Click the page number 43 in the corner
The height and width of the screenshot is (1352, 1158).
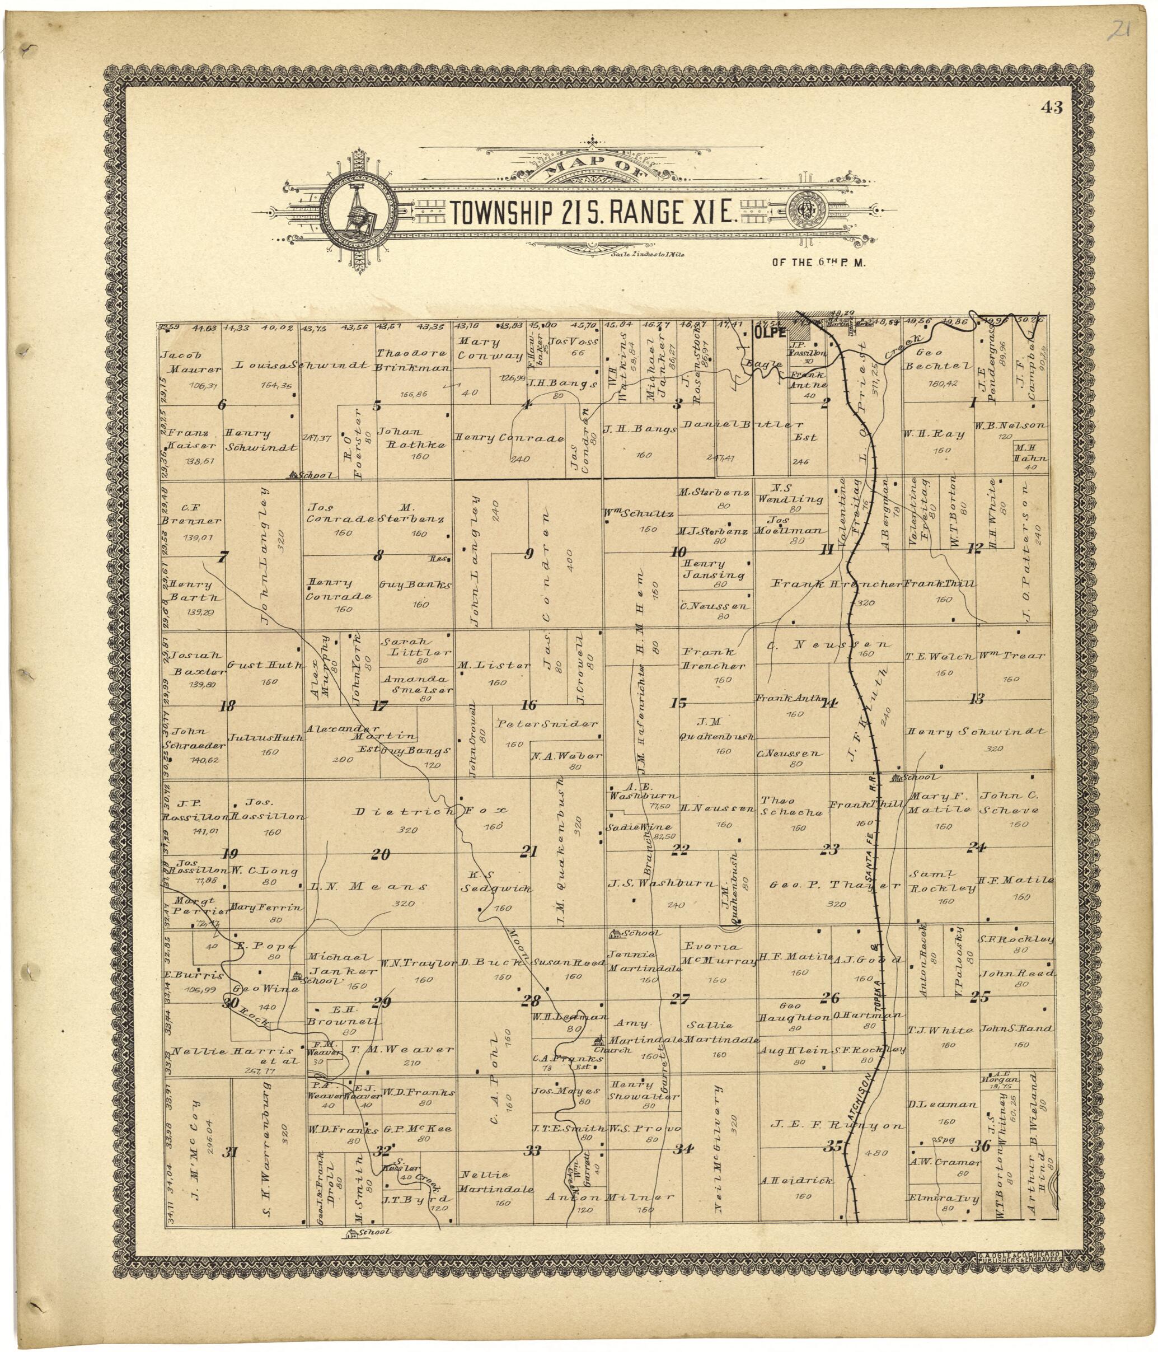pyautogui.click(x=1052, y=107)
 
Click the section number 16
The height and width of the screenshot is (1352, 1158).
pyautogui.click(x=528, y=705)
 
